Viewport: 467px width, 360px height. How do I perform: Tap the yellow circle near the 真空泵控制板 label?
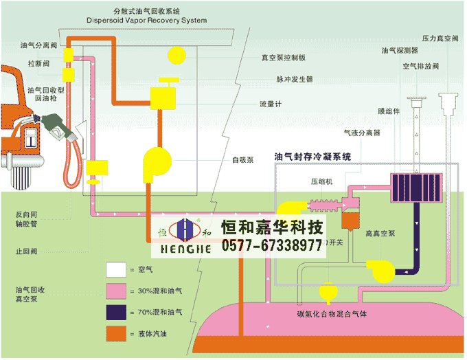point(176,54)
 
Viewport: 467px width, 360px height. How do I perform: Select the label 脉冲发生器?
point(295,80)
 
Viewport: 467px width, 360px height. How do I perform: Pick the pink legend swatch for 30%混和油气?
point(115,292)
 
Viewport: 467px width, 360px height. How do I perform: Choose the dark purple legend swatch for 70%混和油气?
point(115,313)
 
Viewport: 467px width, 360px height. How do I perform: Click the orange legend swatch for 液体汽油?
point(115,335)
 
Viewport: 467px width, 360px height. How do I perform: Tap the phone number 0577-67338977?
point(272,245)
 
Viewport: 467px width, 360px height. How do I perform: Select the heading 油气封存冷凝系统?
point(312,157)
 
